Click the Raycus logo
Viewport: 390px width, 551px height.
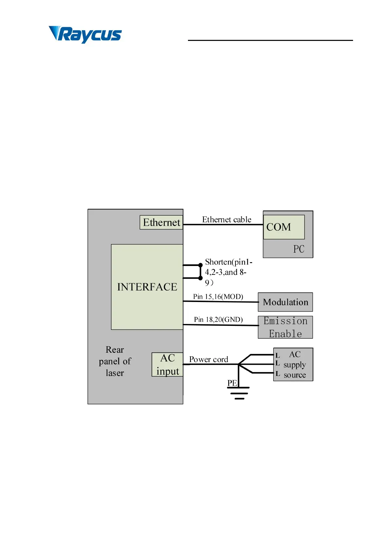(85, 34)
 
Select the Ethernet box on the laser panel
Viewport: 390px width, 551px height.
(161, 222)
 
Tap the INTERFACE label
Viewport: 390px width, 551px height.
(147, 287)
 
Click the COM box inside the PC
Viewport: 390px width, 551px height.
(284, 227)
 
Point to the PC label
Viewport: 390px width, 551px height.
(299, 249)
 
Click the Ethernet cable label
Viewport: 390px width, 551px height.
(227, 220)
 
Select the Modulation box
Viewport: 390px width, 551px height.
(285, 302)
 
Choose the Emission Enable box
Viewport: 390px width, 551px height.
(285, 327)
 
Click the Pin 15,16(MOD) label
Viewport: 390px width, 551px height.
(218, 297)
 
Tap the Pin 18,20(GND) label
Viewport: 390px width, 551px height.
(218, 320)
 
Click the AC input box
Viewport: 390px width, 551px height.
(167, 364)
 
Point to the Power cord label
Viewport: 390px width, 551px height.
(209, 360)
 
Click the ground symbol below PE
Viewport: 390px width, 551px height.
(239, 393)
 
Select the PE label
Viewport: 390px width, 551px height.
(232, 383)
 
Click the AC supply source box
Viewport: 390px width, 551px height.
(293, 364)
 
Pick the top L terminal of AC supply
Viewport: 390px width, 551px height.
(277, 355)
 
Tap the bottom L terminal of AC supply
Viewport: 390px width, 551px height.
(278, 374)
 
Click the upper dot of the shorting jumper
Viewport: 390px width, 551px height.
(200, 265)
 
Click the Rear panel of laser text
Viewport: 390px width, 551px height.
(115, 361)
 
